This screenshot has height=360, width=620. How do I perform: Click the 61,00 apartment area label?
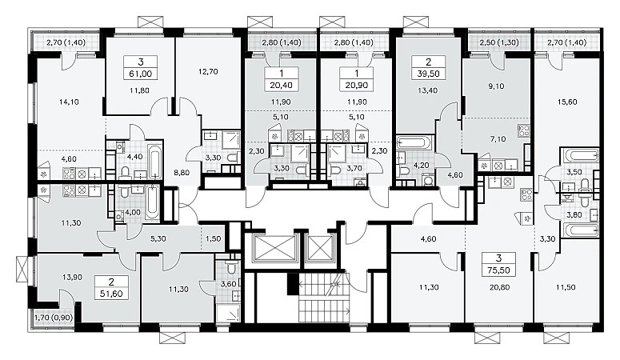pos(140,74)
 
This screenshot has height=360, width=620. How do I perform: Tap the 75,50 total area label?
pos(498,270)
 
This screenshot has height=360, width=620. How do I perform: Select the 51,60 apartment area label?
pos(110,294)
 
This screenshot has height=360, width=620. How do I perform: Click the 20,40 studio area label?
pos(281,85)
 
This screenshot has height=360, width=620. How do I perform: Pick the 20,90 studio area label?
pos(356,85)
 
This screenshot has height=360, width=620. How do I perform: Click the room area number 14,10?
pos(69,102)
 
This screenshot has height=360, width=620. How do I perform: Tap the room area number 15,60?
pos(567,102)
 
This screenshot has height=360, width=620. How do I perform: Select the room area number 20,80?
pos(499,288)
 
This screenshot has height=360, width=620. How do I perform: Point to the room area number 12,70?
pos(208,72)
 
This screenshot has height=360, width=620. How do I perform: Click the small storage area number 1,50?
pos(214,238)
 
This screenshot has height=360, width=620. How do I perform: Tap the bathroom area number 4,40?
pos(134,156)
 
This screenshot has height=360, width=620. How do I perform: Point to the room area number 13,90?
pos(72,278)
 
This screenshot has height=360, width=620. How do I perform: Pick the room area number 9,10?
pos(496,86)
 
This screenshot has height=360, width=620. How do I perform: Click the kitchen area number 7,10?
pos(498,139)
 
